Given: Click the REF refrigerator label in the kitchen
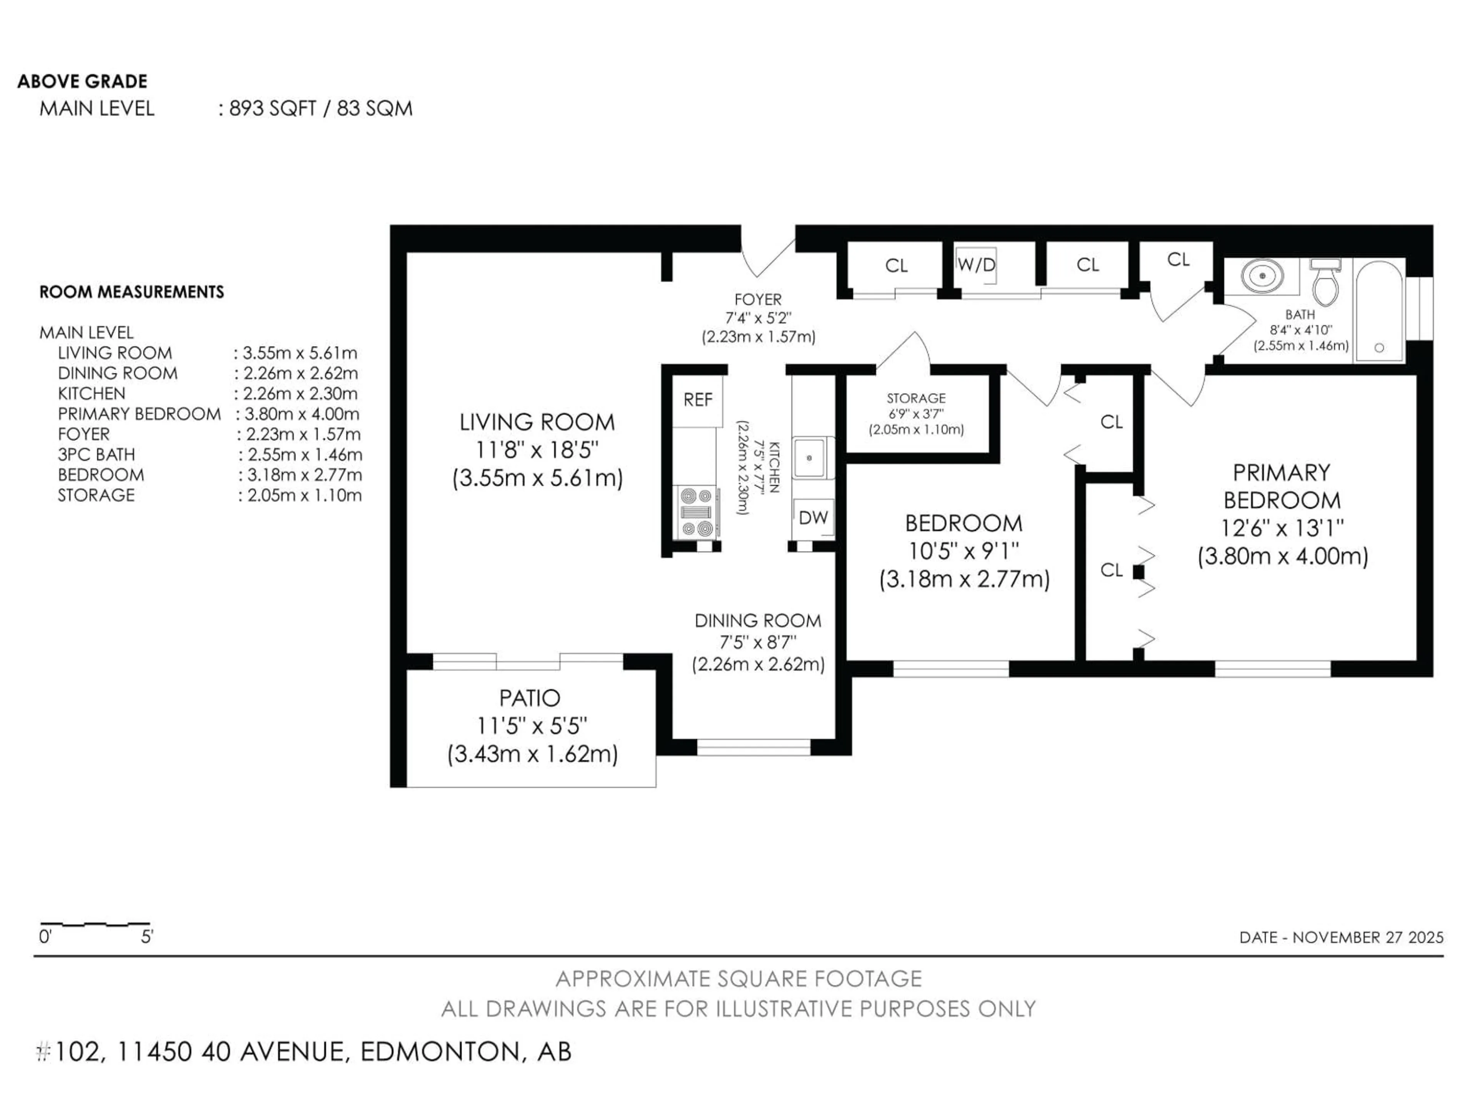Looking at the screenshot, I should tap(698, 399).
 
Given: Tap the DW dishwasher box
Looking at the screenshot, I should tap(813, 517).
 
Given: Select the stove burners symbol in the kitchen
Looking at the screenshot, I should tap(697, 512).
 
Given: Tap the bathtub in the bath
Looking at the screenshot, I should tap(1379, 310).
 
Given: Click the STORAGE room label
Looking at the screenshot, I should tap(916, 398).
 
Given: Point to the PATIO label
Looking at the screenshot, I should tap(530, 698).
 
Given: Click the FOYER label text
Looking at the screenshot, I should tap(758, 299).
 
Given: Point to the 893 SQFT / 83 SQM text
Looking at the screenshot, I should tap(320, 108).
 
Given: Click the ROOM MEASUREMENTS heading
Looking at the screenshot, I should tap(132, 292).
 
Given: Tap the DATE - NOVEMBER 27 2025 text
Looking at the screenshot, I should tap(1341, 937).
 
